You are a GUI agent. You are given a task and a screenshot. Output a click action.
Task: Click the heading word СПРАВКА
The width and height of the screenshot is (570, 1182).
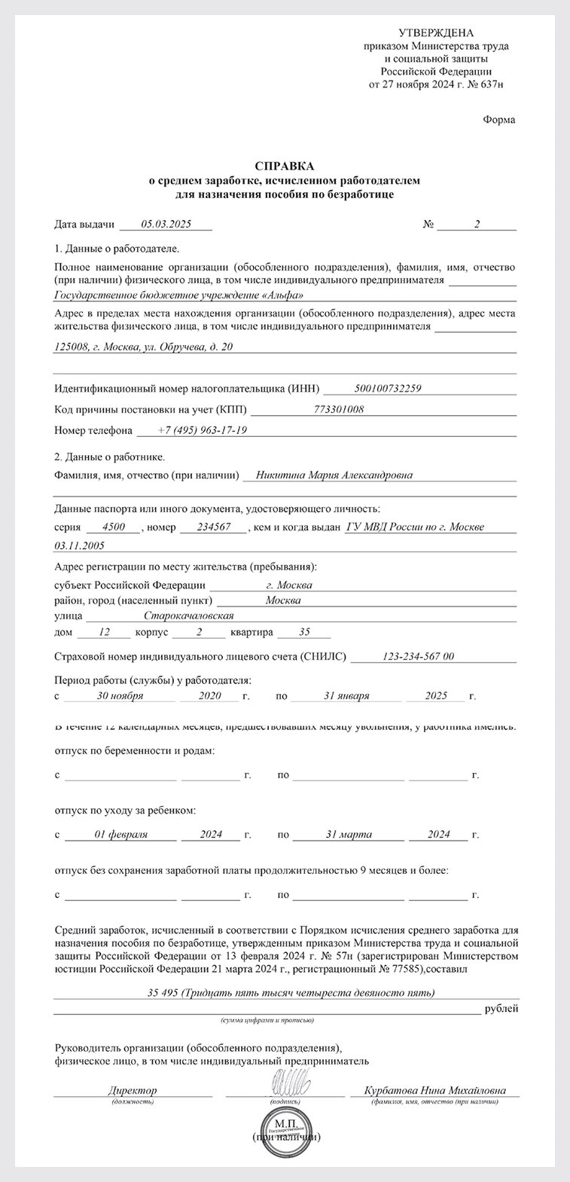[x=285, y=166]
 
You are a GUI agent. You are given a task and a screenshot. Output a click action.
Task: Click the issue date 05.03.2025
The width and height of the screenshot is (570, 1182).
[x=166, y=224]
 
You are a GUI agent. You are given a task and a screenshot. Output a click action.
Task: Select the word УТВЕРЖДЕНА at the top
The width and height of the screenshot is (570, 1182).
[x=436, y=32]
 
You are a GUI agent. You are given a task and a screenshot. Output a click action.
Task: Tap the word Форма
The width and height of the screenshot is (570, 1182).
[x=499, y=120]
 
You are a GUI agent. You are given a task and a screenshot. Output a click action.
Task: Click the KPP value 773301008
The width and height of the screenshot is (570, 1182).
[x=339, y=409]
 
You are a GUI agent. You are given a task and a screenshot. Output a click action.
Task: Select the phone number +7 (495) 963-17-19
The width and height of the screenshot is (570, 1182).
[x=202, y=430]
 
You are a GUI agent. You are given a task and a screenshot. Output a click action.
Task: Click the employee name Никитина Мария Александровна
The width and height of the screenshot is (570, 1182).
[x=334, y=475]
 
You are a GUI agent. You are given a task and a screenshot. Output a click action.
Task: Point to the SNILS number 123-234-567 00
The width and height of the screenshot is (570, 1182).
[x=419, y=657]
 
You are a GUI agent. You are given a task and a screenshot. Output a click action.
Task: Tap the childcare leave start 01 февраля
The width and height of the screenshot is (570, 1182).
[x=120, y=835]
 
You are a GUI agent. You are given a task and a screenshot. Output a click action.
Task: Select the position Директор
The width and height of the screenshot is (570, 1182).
[x=133, y=1090]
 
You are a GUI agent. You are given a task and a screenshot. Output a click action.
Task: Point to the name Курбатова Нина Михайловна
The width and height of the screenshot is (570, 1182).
[x=434, y=1090]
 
